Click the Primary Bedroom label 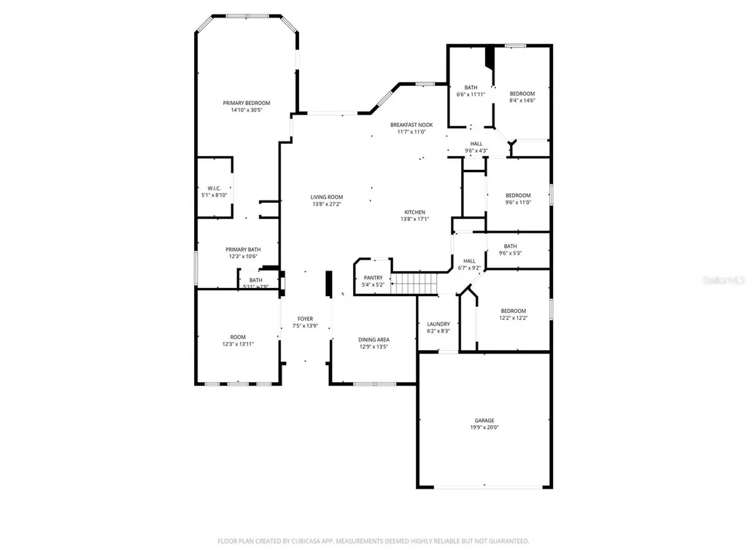(246, 103)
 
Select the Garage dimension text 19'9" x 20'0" (484, 428)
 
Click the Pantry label (373, 278)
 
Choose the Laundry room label (438, 324)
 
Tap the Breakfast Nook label (411, 125)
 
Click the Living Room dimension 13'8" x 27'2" (326, 204)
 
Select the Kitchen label (414, 212)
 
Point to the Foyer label (305, 319)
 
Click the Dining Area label (373, 340)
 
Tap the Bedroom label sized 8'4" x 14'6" (522, 93)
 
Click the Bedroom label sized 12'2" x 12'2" (513, 311)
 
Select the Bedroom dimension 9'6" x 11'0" (518, 202)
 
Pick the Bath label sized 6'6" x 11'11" (471, 87)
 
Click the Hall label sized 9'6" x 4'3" (476, 144)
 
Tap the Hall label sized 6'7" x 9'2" (469, 260)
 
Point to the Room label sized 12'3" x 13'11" (238, 337)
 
